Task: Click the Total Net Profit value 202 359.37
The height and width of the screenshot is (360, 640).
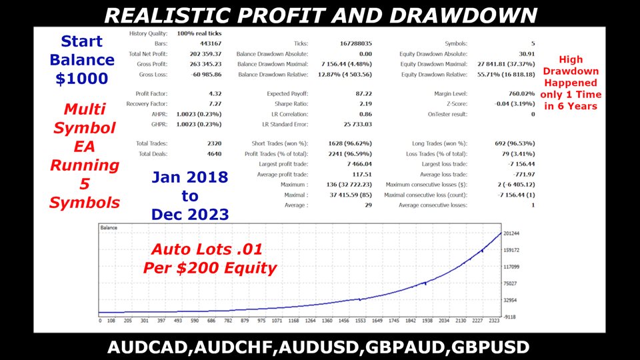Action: click(x=205, y=54)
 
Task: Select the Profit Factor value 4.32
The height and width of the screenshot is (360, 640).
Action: click(x=215, y=93)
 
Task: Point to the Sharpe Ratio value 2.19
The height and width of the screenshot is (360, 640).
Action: click(x=365, y=104)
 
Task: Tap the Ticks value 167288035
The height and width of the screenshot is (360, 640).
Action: click(x=355, y=43)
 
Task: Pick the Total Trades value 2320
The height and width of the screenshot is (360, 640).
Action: click(x=214, y=143)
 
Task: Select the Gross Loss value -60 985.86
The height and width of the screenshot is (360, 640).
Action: click(x=206, y=75)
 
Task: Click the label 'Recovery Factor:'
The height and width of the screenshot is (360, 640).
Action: click(x=147, y=104)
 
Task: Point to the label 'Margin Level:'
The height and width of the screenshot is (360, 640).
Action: click(x=451, y=93)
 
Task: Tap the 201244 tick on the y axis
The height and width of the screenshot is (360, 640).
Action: click(x=511, y=233)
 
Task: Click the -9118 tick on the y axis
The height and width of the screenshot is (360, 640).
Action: click(x=510, y=317)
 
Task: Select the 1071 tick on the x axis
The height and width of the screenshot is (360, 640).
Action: click(x=277, y=321)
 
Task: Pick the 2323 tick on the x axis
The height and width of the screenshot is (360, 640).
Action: click(x=494, y=321)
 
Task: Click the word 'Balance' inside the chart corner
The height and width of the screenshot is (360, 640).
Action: click(x=109, y=228)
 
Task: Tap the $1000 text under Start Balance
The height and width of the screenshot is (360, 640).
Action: click(x=81, y=79)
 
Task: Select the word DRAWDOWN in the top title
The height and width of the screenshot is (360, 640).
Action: click(x=463, y=15)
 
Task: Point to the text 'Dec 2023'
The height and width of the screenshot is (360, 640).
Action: click(x=190, y=214)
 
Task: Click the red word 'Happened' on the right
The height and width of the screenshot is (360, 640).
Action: click(x=571, y=83)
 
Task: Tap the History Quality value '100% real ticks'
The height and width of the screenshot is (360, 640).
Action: click(x=199, y=33)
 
